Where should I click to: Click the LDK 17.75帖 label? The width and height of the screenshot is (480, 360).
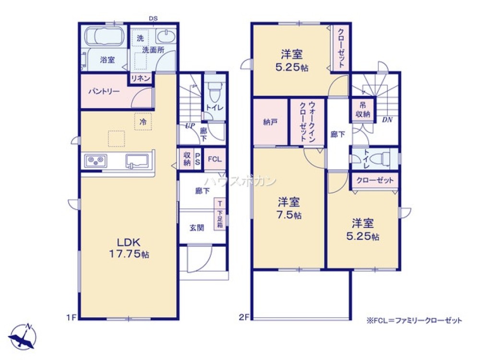129,248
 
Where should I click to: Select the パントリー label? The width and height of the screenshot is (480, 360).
104,91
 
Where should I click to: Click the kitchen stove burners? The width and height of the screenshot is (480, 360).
96,161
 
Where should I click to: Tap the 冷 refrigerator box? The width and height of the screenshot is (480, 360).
143,122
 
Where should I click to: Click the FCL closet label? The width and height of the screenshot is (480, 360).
215,159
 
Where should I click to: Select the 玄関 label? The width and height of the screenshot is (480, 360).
196,228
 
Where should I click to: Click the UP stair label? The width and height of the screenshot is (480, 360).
190,125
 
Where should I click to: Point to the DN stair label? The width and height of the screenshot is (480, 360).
387,120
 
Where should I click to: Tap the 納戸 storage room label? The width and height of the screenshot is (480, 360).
270,122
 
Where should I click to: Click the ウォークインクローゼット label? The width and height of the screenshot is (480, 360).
307,121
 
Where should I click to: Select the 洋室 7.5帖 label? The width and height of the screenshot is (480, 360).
289,208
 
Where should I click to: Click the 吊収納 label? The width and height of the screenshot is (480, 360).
363,110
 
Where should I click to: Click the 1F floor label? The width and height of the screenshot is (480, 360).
72,318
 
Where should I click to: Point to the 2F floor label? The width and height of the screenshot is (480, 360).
244,317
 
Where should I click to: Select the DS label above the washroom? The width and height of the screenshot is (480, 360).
153,18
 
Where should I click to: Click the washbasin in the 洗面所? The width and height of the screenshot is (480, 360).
166,36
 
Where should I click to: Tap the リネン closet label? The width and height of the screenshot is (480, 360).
141,78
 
